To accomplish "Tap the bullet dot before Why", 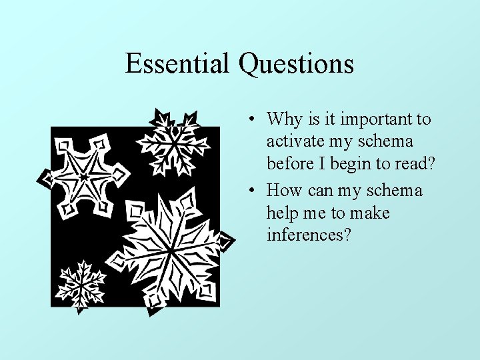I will point(248,120).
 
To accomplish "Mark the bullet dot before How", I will point(248,191).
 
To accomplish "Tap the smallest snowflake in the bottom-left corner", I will point(81,285).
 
